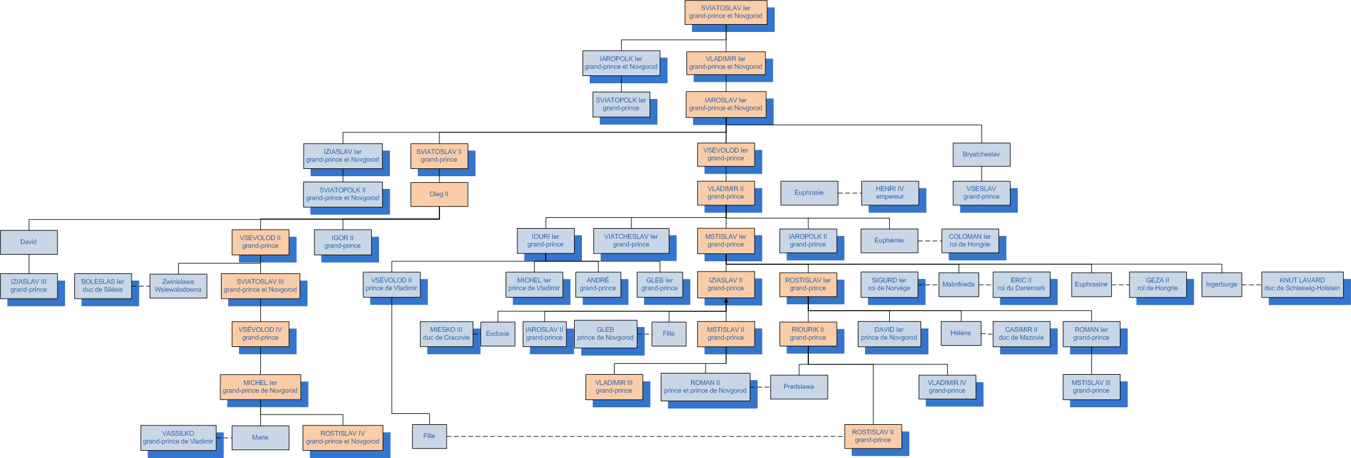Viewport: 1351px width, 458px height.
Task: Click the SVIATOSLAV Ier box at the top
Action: point(726,12)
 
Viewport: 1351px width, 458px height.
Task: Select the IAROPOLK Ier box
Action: point(621,63)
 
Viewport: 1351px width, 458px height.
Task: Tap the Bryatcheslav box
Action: point(981,154)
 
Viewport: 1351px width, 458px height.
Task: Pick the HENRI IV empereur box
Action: point(890,192)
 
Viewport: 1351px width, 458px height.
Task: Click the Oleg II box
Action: point(439,194)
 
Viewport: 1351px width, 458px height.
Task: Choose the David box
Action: point(28,242)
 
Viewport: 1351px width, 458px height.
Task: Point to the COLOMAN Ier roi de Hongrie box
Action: point(969,240)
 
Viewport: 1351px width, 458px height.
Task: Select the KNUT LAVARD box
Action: point(1301,284)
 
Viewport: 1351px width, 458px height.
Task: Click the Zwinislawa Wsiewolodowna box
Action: point(178,285)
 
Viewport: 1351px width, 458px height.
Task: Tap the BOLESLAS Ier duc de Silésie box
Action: point(103,285)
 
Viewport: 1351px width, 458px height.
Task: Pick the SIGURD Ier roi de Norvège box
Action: point(889,284)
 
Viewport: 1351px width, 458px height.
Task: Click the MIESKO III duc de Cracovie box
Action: point(446,334)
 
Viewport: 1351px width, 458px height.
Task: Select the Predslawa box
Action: point(799,387)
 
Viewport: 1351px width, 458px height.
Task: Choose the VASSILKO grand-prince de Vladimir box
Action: point(178,437)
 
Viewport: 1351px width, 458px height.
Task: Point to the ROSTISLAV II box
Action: point(873,436)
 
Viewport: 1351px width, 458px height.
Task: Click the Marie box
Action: point(260,437)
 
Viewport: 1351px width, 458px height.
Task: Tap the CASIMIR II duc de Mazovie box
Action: point(1021,334)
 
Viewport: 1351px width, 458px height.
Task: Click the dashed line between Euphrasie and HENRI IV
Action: point(849,193)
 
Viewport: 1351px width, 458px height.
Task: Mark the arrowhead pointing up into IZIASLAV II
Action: point(726,300)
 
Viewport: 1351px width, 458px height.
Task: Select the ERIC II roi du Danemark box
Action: point(1021,284)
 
